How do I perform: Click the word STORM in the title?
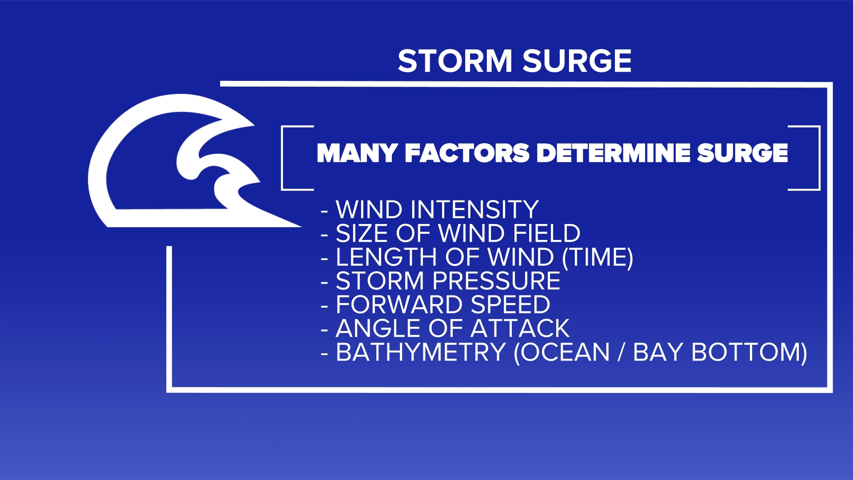pyautogui.click(x=454, y=61)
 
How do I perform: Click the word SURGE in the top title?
pyautogui.click(x=577, y=61)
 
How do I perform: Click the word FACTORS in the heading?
pyautogui.click(x=466, y=153)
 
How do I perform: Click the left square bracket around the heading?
pyautogui.click(x=284, y=158)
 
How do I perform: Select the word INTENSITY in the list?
pyautogui.click(x=474, y=210)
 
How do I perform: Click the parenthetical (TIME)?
pyautogui.click(x=597, y=257)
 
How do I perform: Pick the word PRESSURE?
pyautogui.click(x=496, y=281)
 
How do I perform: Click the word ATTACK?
pyautogui.click(x=519, y=328)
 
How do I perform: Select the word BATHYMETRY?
pyautogui.click(x=420, y=352)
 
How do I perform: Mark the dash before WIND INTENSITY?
pyautogui.click(x=324, y=211)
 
